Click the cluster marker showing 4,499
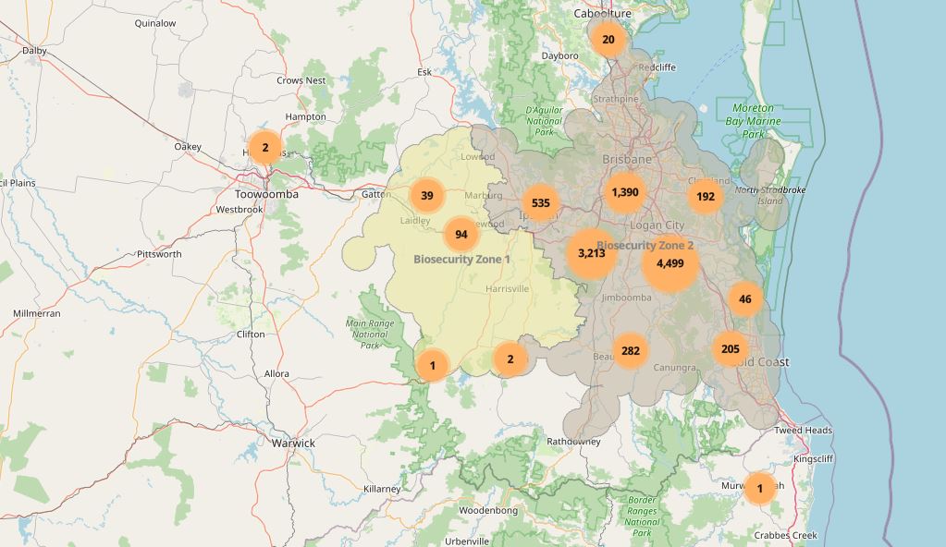pos(670,263)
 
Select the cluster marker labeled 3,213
pos(592,253)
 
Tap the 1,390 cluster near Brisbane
pos(625,192)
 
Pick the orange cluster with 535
pos(541,203)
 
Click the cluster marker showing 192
pos(706,197)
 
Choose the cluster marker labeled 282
pos(631,351)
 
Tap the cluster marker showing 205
pos(731,348)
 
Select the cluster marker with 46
pos(745,299)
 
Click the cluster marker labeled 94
pos(461,235)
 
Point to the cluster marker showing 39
pos(427,196)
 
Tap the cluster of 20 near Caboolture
pos(608,40)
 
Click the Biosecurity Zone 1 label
pos(461,260)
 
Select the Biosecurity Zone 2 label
pos(645,245)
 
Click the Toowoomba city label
pos(266,195)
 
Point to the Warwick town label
pos(293,444)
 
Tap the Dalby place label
pos(34,51)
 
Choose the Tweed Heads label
pos(803,431)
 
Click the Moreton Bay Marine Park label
pos(753,121)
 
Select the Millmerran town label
pos(37,314)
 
